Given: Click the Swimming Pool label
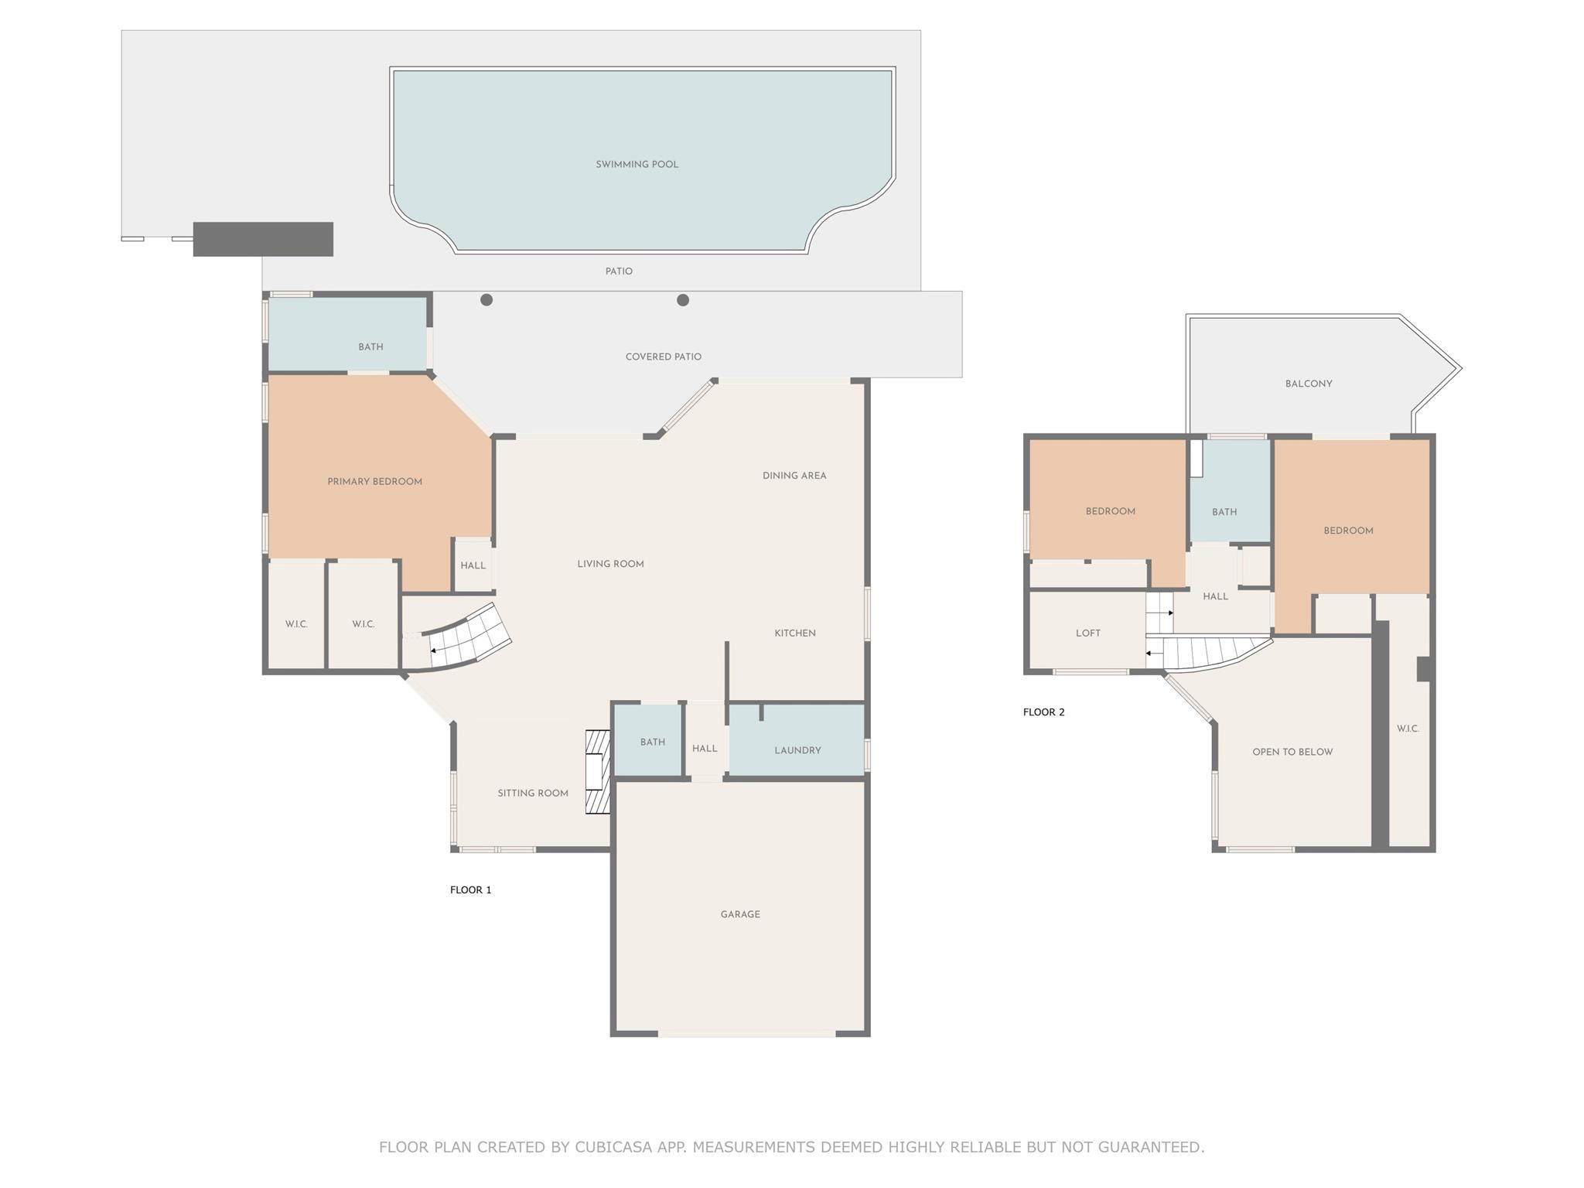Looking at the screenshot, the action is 637,164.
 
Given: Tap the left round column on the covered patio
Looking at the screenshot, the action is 486,300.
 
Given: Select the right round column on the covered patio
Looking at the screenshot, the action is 683,300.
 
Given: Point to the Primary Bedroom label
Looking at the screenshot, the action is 374,482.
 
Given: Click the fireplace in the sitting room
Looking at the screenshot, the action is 597,772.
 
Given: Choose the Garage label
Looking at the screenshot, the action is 740,914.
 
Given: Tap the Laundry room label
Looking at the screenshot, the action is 797,750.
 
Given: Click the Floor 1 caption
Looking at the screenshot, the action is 470,889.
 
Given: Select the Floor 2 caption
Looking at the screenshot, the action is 1043,712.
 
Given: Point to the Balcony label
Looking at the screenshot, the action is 1309,384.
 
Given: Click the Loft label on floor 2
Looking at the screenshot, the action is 1087,633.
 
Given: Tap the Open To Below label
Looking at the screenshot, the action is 1292,752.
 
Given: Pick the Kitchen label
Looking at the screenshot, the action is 795,633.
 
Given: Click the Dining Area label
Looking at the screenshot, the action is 794,476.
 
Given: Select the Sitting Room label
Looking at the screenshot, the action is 533,793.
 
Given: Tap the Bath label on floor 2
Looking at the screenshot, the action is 1224,512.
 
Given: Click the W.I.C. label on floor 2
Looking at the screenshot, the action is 1408,729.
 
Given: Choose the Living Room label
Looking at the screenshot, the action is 610,564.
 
